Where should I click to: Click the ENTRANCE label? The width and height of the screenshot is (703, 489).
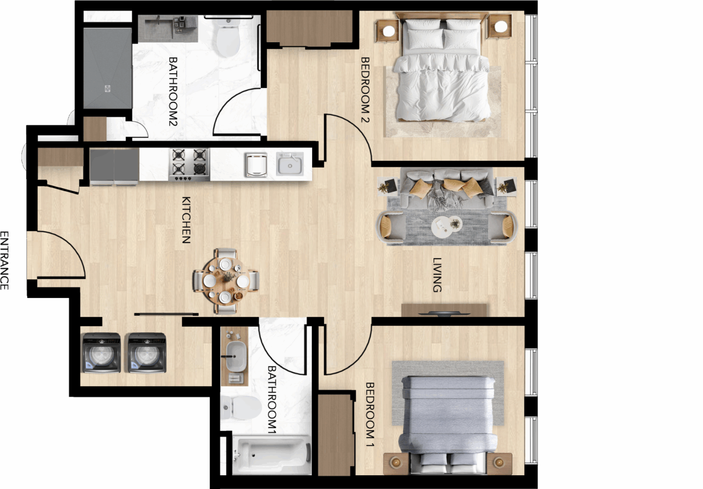pos(4,261)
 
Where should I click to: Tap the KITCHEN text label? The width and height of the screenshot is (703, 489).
pos(186,220)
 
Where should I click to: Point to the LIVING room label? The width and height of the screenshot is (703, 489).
pos(437,275)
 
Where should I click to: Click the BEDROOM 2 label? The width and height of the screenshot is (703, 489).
pos(365,89)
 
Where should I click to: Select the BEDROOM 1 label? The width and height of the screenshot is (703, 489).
pos(370,414)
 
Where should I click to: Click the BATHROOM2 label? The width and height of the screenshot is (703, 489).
pos(173,91)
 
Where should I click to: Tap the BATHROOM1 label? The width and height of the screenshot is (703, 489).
pos(272,400)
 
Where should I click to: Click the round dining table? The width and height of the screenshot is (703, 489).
pos(226,281)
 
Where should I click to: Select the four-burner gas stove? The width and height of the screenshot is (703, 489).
pos(189,165)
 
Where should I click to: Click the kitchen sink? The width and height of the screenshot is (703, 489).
pos(290,164)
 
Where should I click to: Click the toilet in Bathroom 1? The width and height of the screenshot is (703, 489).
pos(241,407)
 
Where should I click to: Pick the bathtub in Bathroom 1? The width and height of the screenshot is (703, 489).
pos(272,455)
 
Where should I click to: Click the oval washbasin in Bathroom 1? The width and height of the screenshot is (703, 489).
pos(236,356)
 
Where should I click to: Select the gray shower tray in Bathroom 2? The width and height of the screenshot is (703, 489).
pos(108,68)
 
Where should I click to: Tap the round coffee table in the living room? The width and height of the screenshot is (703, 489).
pos(446,227)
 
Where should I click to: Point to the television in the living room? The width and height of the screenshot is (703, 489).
pos(444,313)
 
